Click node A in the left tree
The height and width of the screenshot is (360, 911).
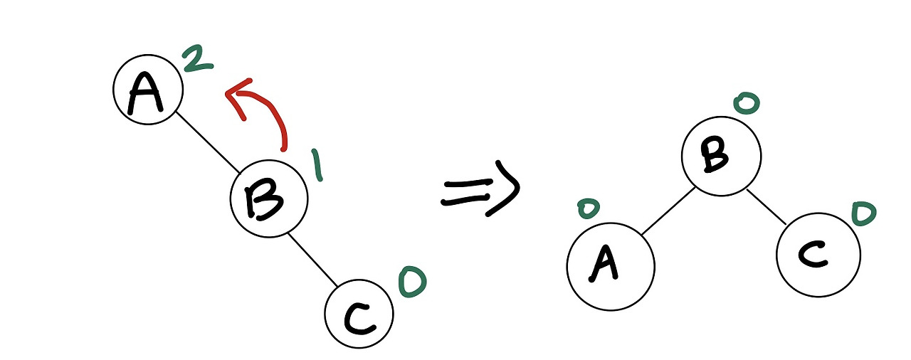coord(148,90)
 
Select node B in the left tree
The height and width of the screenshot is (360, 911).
coord(269,198)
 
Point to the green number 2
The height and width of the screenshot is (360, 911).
coord(197,59)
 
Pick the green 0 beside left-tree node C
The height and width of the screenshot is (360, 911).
coord(412,282)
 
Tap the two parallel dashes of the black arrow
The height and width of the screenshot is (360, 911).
coord(467,192)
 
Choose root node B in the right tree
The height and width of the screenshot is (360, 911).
coord(721,154)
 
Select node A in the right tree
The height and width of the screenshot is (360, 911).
coord(610,265)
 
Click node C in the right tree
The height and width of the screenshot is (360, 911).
coord(818,254)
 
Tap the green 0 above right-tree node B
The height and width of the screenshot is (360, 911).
coord(747,104)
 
